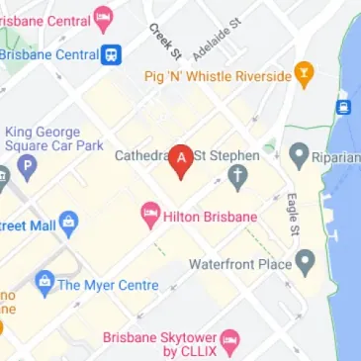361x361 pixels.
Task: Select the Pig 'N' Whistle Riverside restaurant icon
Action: (x=306, y=74)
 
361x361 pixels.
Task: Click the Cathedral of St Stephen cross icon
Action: (x=237, y=178)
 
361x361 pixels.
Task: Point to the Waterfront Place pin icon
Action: (x=306, y=263)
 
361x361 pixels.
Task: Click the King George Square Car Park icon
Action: (x=27, y=168)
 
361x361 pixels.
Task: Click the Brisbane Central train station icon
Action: (x=115, y=54)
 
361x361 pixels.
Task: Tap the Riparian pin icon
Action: (x=300, y=154)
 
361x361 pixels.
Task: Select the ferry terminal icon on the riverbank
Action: (x=345, y=106)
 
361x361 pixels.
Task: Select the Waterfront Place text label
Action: (x=240, y=264)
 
